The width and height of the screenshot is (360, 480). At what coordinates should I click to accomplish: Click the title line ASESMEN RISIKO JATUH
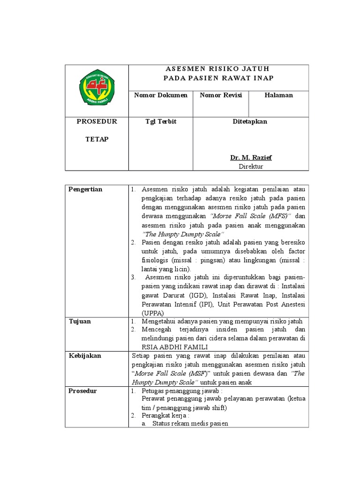coord(218,69)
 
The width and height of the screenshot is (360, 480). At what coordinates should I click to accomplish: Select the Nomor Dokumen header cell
coord(161,95)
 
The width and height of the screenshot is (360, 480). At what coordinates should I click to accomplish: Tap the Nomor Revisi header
coord(221,95)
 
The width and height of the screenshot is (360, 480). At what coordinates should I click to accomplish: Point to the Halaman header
coord(278,95)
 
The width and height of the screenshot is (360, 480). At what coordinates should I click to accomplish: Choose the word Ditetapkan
coord(250,121)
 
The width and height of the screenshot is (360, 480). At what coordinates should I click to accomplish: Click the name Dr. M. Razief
coord(250,157)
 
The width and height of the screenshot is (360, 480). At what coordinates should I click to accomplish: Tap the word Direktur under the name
coord(250,166)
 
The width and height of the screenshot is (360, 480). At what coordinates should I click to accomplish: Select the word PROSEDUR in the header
coord(97,121)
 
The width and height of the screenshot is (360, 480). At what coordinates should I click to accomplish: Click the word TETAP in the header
coord(97,139)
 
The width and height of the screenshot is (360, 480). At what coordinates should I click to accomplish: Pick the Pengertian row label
coord(85,189)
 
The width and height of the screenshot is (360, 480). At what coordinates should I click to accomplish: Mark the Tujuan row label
coord(80,322)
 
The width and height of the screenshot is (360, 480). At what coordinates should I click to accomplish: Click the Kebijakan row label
coord(85,356)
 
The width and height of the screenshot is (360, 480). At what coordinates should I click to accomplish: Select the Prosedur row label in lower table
coord(83,390)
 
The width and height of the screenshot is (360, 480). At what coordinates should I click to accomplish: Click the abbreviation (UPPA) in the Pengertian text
coord(152,313)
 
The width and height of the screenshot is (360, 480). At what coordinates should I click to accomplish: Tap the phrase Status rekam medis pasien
coord(187,424)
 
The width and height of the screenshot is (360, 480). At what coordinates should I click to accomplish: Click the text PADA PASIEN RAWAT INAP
coord(218,78)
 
